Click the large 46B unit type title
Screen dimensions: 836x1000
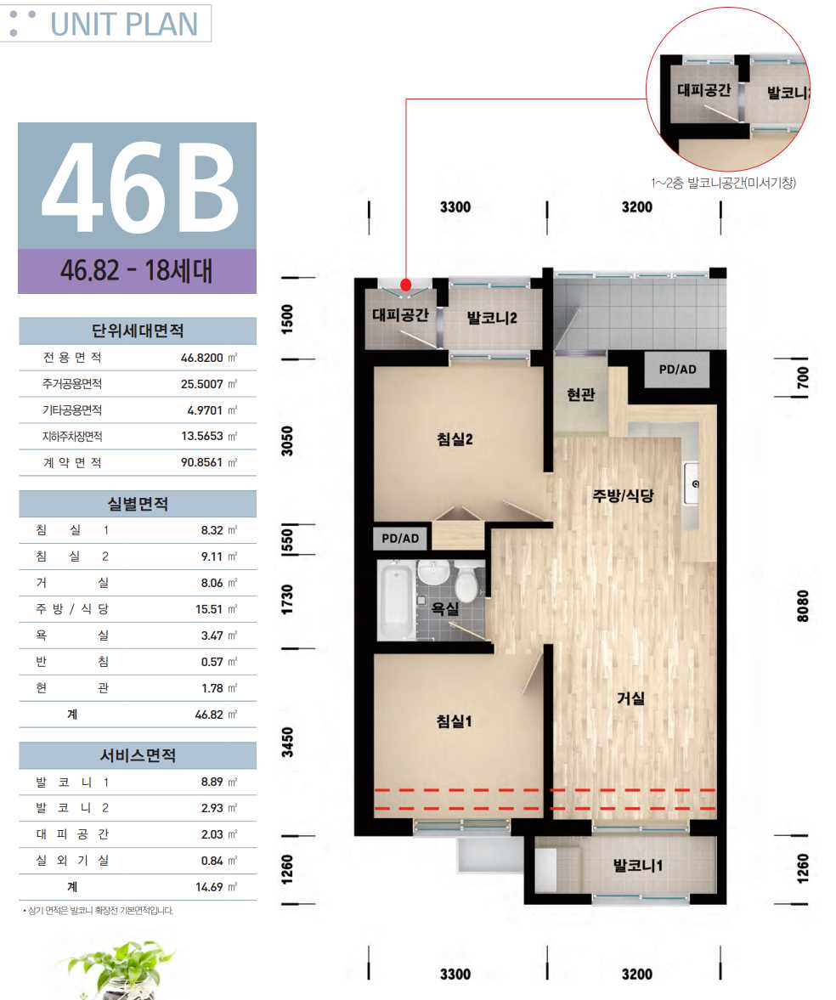coord(139,186)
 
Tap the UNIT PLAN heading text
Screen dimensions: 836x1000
coord(124,25)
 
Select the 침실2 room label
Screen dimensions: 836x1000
coord(454,438)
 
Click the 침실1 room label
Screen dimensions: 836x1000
coord(454,721)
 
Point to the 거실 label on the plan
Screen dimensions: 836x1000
coord(630,698)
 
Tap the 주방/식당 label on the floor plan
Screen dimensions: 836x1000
coord(623,495)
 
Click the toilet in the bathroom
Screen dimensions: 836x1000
coord(468,581)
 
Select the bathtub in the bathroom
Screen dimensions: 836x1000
coord(396,600)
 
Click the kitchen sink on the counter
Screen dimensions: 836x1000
coord(692,483)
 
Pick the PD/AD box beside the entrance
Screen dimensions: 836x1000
coord(677,370)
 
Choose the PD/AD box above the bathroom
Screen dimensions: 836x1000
coord(400,539)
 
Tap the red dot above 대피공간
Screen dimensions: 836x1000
coord(406,285)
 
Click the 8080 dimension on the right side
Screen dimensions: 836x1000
coord(802,606)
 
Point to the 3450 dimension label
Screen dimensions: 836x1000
coord(288,743)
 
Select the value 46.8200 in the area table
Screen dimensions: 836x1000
coord(201,358)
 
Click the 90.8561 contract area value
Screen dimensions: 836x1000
coord(201,462)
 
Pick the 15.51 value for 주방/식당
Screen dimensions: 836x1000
coord(209,609)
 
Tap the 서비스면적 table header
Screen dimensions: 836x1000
coord(138,755)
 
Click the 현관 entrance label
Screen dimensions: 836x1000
coord(580,395)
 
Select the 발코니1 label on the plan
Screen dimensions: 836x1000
coord(637,866)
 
